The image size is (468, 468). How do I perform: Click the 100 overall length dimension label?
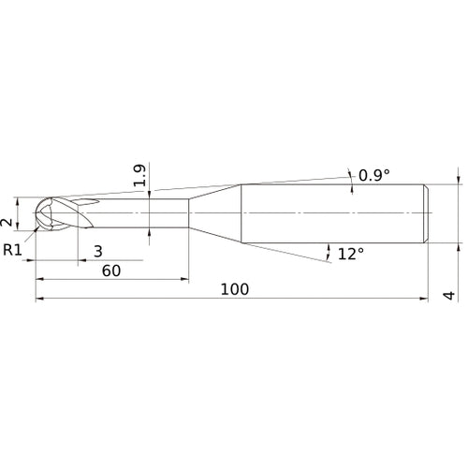pos(235,289)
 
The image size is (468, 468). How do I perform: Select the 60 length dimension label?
pos(111,271)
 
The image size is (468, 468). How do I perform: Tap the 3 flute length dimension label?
pos(98,251)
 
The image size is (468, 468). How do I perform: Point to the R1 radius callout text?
pos(12,250)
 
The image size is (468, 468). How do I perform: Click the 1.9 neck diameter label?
pos(139,175)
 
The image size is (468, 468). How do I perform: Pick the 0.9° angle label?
pos(374,175)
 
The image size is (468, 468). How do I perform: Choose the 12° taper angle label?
pos(351,254)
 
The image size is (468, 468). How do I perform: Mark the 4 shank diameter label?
pos(449,295)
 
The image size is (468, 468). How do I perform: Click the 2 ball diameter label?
pos(7,222)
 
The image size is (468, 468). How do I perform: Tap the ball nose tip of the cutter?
pos(37,213)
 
